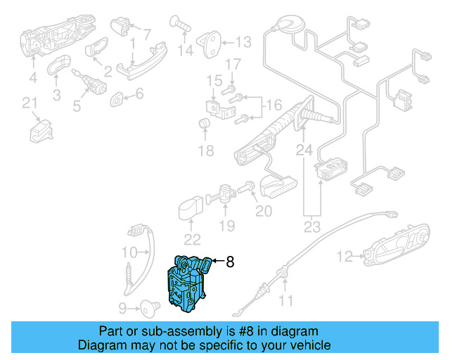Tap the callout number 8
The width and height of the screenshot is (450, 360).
tap(229, 262)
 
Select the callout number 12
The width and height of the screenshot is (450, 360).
tap(344, 257)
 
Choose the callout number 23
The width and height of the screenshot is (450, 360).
tap(311, 227)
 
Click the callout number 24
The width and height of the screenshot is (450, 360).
tap(303, 150)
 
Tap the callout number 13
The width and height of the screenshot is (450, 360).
tap(243, 43)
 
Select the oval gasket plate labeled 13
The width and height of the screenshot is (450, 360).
tap(210, 44)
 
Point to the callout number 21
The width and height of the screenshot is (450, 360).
tap(29, 104)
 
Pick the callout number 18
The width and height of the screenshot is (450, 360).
tap(205, 150)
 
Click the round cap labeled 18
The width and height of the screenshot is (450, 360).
tap(205, 125)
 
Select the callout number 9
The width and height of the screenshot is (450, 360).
tap(122, 307)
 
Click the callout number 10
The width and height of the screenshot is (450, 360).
tap(129, 252)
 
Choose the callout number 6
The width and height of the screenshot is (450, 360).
tap(139, 94)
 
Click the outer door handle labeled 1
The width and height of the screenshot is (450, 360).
tap(141, 60)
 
